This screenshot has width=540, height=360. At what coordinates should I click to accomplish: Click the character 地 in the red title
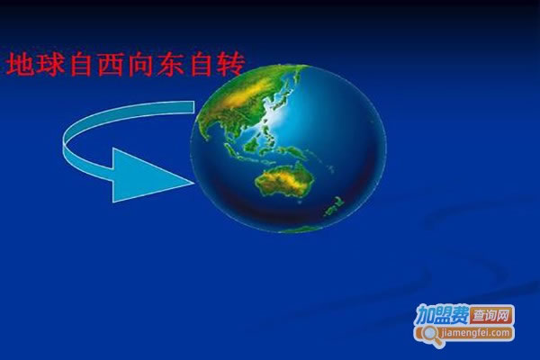click(x=20, y=64)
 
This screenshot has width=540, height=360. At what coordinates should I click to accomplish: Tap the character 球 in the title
click(x=50, y=64)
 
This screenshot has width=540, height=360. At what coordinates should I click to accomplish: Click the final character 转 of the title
click(x=230, y=64)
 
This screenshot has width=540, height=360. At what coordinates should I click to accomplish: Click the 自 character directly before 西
click(x=81, y=64)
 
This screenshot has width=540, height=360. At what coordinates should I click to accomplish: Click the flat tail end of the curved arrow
click(x=193, y=107)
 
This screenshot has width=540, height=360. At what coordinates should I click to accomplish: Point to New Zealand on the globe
click(x=333, y=206)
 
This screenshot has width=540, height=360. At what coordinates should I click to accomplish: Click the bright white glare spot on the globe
click(x=275, y=116)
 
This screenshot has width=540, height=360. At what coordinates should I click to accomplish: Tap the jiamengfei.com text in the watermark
click(x=476, y=333)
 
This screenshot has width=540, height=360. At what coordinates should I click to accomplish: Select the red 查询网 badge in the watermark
click(x=490, y=316)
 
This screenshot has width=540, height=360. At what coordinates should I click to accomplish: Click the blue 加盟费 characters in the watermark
click(x=443, y=315)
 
